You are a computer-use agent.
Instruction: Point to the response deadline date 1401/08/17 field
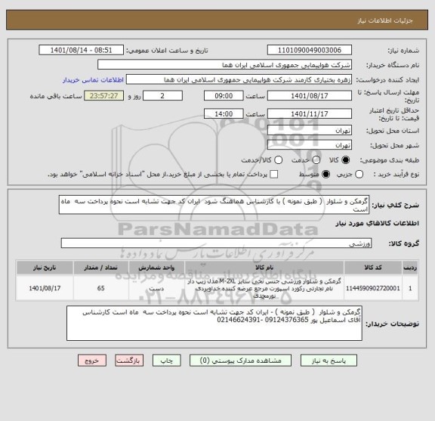point(310,97)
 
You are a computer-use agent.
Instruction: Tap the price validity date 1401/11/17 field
point(310,113)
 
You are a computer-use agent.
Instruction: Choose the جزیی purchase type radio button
point(359,175)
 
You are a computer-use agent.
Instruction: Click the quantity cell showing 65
point(101,288)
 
